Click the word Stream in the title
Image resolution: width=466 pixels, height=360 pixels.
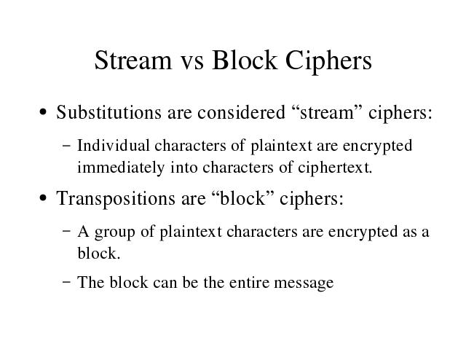click(x=133, y=60)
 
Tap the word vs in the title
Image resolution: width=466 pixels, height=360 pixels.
click(x=192, y=63)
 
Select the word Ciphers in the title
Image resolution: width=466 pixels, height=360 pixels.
click(x=328, y=62)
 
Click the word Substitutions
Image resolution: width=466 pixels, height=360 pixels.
click(x=108, y=112)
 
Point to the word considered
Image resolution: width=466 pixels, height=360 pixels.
click(x=241, y=112)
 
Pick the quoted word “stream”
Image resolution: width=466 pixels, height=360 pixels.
click(x=327, y=112)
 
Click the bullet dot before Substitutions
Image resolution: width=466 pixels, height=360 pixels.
click(x=43, y=112)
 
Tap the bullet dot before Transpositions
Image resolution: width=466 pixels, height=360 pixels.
click(x=43, y=198)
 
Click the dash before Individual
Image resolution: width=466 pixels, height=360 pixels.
click(x=67, y=146)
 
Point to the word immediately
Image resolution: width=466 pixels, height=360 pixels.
click(x=121, y=168)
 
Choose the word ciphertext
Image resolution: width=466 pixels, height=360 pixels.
click(x=335, y=168)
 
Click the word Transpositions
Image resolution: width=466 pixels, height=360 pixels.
click(x=116, y=198)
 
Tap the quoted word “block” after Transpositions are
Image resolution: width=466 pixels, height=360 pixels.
click(x=242, y=198)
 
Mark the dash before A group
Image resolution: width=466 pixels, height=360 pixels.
click(x=67, y=232)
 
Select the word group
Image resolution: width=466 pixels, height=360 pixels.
click(x=115, y=232)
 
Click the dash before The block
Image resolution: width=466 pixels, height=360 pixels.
click(x=67, y=282)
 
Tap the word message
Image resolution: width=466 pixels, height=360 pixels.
click(x=304, y=283)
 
